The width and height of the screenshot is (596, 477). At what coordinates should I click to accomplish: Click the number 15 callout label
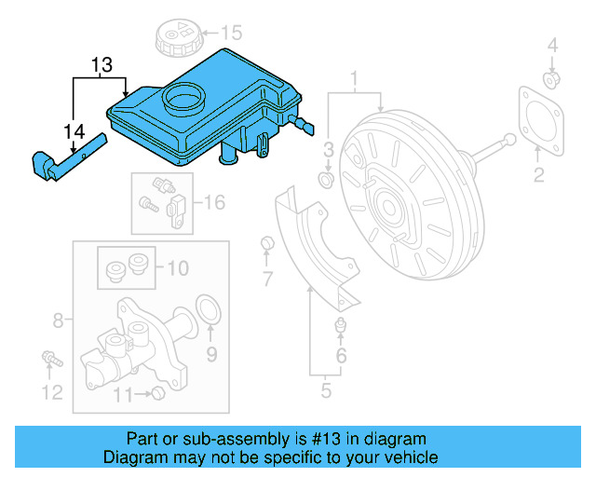click(230, 33)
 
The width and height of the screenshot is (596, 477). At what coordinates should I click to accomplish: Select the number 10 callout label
click(177, 269)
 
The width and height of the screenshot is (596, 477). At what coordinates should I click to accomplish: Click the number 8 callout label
click(58, 321)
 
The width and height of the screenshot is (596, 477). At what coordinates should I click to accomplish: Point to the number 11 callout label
click(123, 395)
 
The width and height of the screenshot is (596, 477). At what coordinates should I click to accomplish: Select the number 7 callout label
click(267, 279)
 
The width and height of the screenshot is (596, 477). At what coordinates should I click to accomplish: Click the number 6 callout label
click(341, 357)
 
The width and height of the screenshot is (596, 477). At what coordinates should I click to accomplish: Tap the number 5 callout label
click(326, 391)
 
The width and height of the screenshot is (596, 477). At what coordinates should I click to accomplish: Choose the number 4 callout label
click(551, 45)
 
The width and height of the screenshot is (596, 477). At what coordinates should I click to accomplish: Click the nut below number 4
click(551, 80)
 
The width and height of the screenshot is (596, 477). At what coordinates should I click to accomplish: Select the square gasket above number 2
click(539, 117)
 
